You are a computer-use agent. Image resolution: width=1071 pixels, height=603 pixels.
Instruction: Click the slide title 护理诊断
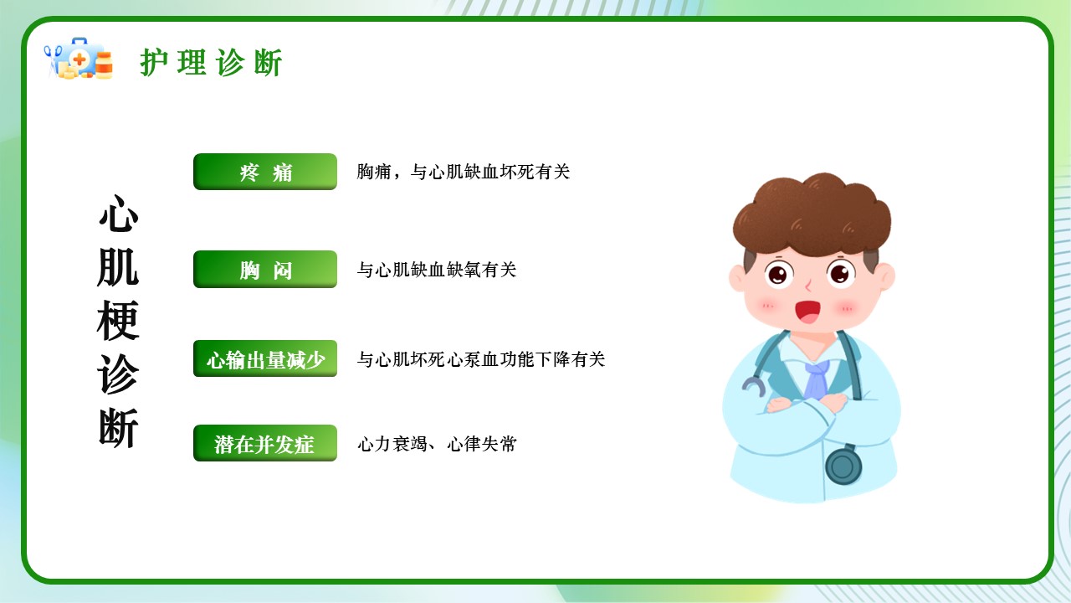pyautogui.click(x=211, y=63)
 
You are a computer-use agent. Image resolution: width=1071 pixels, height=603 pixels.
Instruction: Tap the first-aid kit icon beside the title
pyautogui.click(x=79, y=59)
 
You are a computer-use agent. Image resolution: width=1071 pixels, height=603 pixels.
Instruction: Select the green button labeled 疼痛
pyautogui.click(x=265, y=172)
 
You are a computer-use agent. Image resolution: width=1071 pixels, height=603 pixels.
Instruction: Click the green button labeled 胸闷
pyautogui.click(x=265, y=269)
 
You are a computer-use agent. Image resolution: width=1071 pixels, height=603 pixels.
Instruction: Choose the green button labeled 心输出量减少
pyautogui.click(x=265, y=358)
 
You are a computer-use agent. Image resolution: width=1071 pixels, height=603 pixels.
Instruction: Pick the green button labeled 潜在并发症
pyautogui.click(x=265, y=443)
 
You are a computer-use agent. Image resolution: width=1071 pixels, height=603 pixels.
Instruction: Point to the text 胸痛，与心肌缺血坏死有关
pyautogui.click(x=464, y=172)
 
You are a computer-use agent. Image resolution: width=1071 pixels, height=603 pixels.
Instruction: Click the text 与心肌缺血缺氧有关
pyautogui.click(x=437, y=270)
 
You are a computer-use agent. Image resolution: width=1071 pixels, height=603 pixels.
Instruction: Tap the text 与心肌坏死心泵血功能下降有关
pyautogui.click(x=481, y=359)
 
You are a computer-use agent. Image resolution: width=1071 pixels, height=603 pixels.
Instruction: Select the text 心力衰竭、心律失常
pyautogui.click(x=437, y=444)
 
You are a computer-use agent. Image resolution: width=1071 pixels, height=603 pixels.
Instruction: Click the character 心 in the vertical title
pyautogui.click(x=118, y=214)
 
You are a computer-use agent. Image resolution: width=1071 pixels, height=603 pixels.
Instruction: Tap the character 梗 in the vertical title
pyautogui.click(x=118, y=321)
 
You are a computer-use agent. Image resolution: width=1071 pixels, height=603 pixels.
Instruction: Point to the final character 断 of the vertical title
pyautogui.click(x=118, y=428)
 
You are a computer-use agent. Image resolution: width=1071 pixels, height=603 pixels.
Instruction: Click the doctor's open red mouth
pyautogui.click(x=807, y=312)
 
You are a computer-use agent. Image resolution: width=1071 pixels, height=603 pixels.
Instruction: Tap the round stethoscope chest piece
pyautogui.click(x=843, y=466)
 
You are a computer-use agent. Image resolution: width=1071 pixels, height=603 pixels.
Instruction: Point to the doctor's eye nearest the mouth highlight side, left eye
pyautogui.click(x=778, y=275)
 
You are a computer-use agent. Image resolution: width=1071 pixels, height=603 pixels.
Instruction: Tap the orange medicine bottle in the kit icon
pyautogui.click(x=105, y=65)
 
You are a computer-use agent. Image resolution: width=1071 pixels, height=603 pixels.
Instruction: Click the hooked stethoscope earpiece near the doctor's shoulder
pyautogui.click(x=753, y=387)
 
